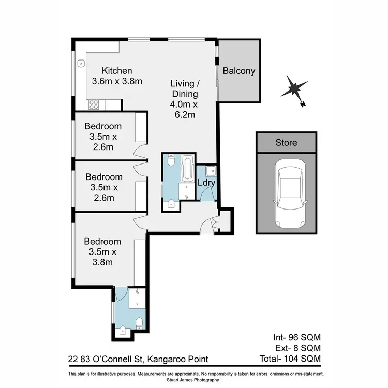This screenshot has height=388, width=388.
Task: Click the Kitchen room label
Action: click(117, 71)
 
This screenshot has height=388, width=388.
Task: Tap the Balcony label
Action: click(238, 71)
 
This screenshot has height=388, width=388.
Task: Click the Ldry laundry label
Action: click(206, 183)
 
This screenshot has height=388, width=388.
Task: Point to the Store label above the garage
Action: click(286, 142)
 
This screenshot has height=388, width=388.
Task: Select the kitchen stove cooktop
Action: click(94, 105)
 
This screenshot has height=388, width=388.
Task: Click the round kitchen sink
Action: click(81, 64)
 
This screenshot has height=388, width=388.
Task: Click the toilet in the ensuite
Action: click(138, 323)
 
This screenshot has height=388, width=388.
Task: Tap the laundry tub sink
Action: click(209, 170)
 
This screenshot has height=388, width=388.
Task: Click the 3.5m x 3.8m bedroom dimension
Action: click(102, 257)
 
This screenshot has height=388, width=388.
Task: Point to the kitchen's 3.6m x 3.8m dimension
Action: click(117, 81)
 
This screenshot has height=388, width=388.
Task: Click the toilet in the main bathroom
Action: click(171, 203)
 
